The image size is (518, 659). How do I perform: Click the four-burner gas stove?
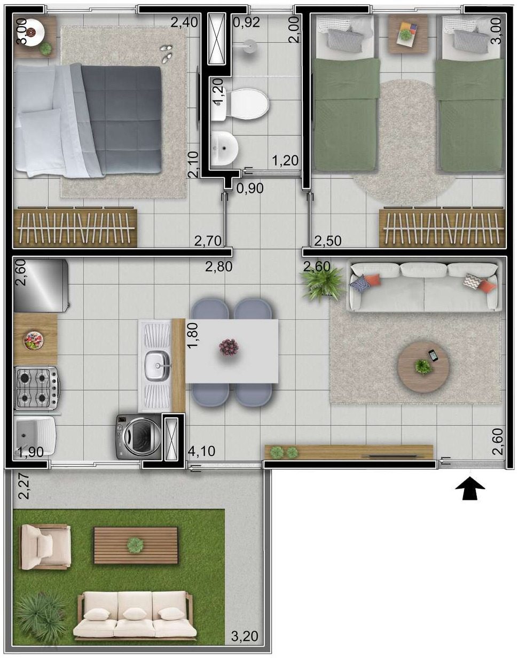(x=36, y=388)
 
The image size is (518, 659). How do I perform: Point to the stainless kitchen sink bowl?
(x=158, y=366)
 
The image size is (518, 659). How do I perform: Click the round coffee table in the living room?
(x=423, y=366)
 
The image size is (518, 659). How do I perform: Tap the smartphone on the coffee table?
(x=433, y=356)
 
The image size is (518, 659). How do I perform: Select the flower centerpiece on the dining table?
(x=229, y=347)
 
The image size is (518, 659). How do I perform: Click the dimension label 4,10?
(x=201, y=451)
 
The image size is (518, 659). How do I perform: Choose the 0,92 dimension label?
(x=247, y=22)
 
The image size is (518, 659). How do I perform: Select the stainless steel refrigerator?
(x=42, y=285)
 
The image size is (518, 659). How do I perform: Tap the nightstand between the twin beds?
(x=408, y=34)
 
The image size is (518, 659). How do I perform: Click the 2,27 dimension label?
(x=23, y=487)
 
